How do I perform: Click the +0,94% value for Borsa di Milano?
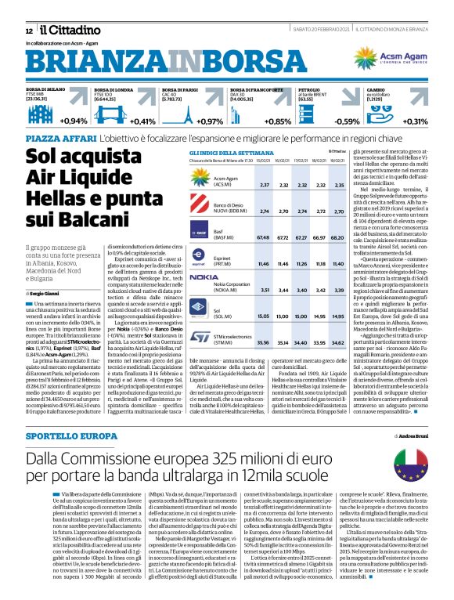click(74, 121)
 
